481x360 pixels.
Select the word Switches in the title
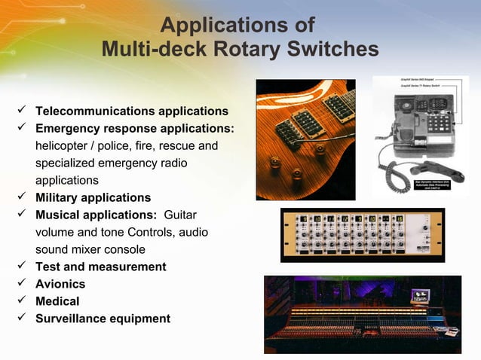[x=335, y=50]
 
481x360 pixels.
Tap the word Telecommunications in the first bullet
[x=93, y=111]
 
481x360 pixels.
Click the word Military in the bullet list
[x=60, y=198]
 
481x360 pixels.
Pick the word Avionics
[x=60, y=284]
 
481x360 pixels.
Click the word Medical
[x=57, y=301]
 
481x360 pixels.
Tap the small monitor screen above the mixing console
[x=419, y=297]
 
